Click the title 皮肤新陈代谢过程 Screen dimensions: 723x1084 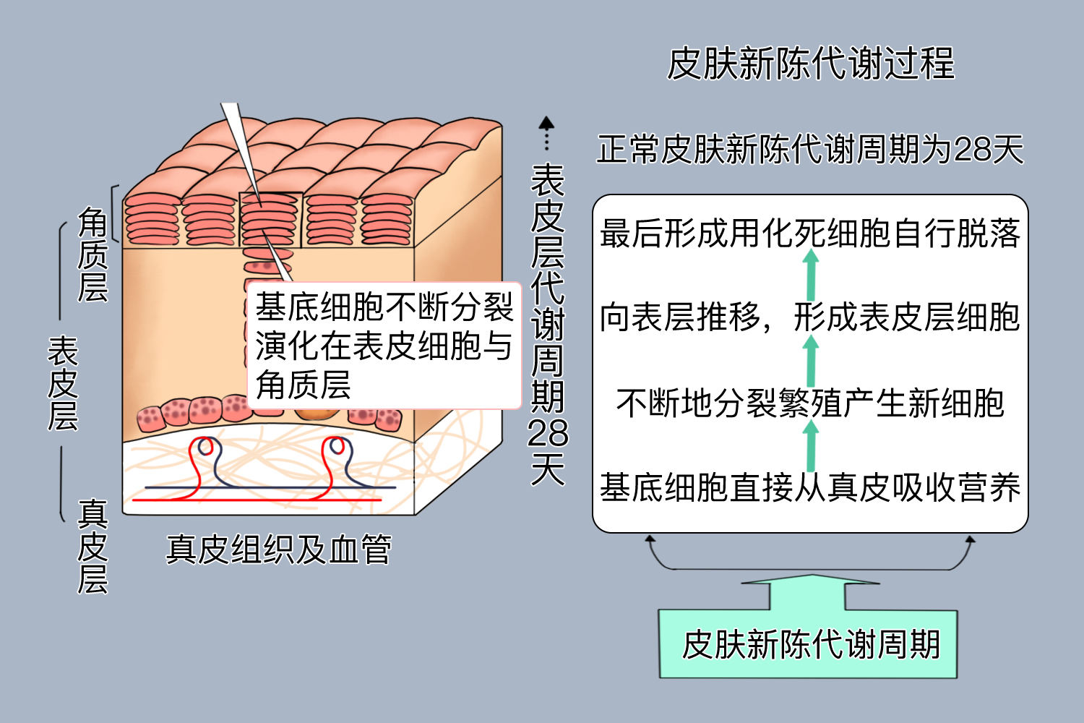pos(810,64)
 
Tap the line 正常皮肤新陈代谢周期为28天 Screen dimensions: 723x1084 pos(810,150)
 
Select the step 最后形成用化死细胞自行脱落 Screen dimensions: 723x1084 pos(810,234)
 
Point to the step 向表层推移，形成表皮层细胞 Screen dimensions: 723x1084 pos(810,317)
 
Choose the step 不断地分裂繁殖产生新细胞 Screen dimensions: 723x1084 pos(810,403)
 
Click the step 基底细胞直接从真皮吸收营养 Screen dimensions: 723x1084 pos(810,487)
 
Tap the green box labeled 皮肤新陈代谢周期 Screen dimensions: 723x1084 pos(809,643)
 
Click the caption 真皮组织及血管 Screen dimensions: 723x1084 pos(279,549)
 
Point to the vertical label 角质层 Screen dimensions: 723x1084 pos(93,254)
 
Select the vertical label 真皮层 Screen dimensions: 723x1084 pos(93,547)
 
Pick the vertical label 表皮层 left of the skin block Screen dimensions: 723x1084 pos(63,384)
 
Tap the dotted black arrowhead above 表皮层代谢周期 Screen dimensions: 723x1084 pos(547,123)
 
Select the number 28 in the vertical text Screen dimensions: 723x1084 pos(548,433)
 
